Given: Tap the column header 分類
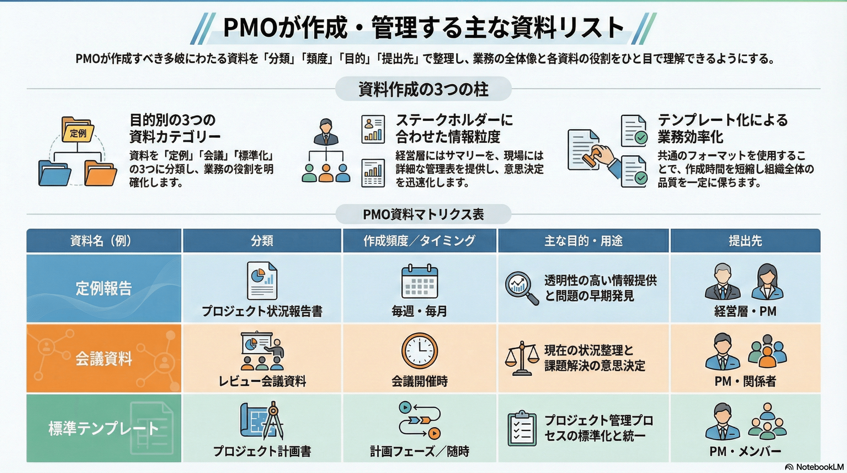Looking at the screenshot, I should coord(262,241).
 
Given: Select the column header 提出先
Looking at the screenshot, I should coord(745,241).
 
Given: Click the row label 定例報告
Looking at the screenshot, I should coord(104,288).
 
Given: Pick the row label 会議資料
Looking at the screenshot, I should coord(104,358).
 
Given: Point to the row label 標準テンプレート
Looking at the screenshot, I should coord(104,428).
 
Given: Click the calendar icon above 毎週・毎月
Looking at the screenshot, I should coord(419,281).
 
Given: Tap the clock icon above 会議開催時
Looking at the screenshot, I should coord(419,351).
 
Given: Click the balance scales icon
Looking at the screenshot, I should coord(522,358).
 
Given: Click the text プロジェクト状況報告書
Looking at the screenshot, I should coord(262,311).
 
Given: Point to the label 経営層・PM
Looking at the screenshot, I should coord(745,311).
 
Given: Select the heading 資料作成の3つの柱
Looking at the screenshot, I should coord(423,89).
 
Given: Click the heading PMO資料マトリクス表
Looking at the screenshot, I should coord(423,214).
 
